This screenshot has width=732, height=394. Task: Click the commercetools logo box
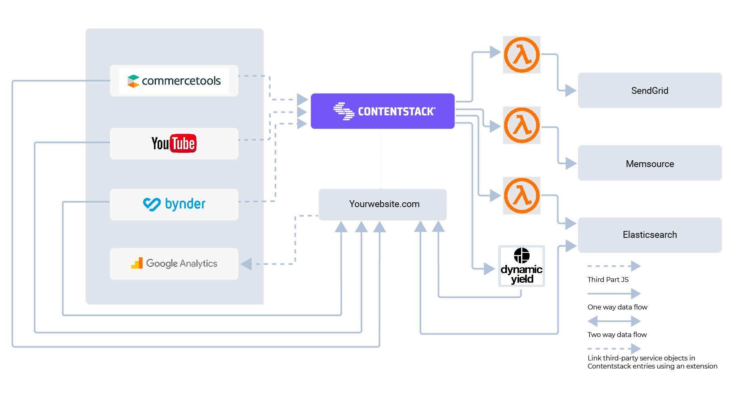pos(174,80)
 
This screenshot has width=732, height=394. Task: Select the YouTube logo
pos(174,143)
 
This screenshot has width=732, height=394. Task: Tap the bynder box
pos(174,204)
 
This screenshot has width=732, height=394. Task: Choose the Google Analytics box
pos(174,264)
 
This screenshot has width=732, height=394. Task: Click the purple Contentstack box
pos(383,111)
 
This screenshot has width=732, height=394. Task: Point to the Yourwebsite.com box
pos(383,204)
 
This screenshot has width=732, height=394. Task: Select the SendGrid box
pos(650,90)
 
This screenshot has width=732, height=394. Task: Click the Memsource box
pos(650,163)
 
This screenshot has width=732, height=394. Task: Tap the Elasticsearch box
pos(650,235)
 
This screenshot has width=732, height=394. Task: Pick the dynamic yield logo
pos(522,266)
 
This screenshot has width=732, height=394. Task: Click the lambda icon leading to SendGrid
pos(522,55)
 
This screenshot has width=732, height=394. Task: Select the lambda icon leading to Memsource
pos(522,125)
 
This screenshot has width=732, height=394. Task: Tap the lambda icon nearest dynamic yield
pos(522,195)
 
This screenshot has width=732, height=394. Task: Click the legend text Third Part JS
pos(608,280)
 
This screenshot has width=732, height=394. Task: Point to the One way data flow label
pos(617,307)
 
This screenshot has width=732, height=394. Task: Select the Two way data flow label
pos(617,335)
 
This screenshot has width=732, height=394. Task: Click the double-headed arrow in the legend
pos(614,321)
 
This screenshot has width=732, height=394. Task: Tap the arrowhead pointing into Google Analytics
pos(246,264)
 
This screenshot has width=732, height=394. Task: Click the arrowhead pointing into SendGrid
pos(571,90)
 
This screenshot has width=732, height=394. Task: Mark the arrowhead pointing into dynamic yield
pos(489,269)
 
